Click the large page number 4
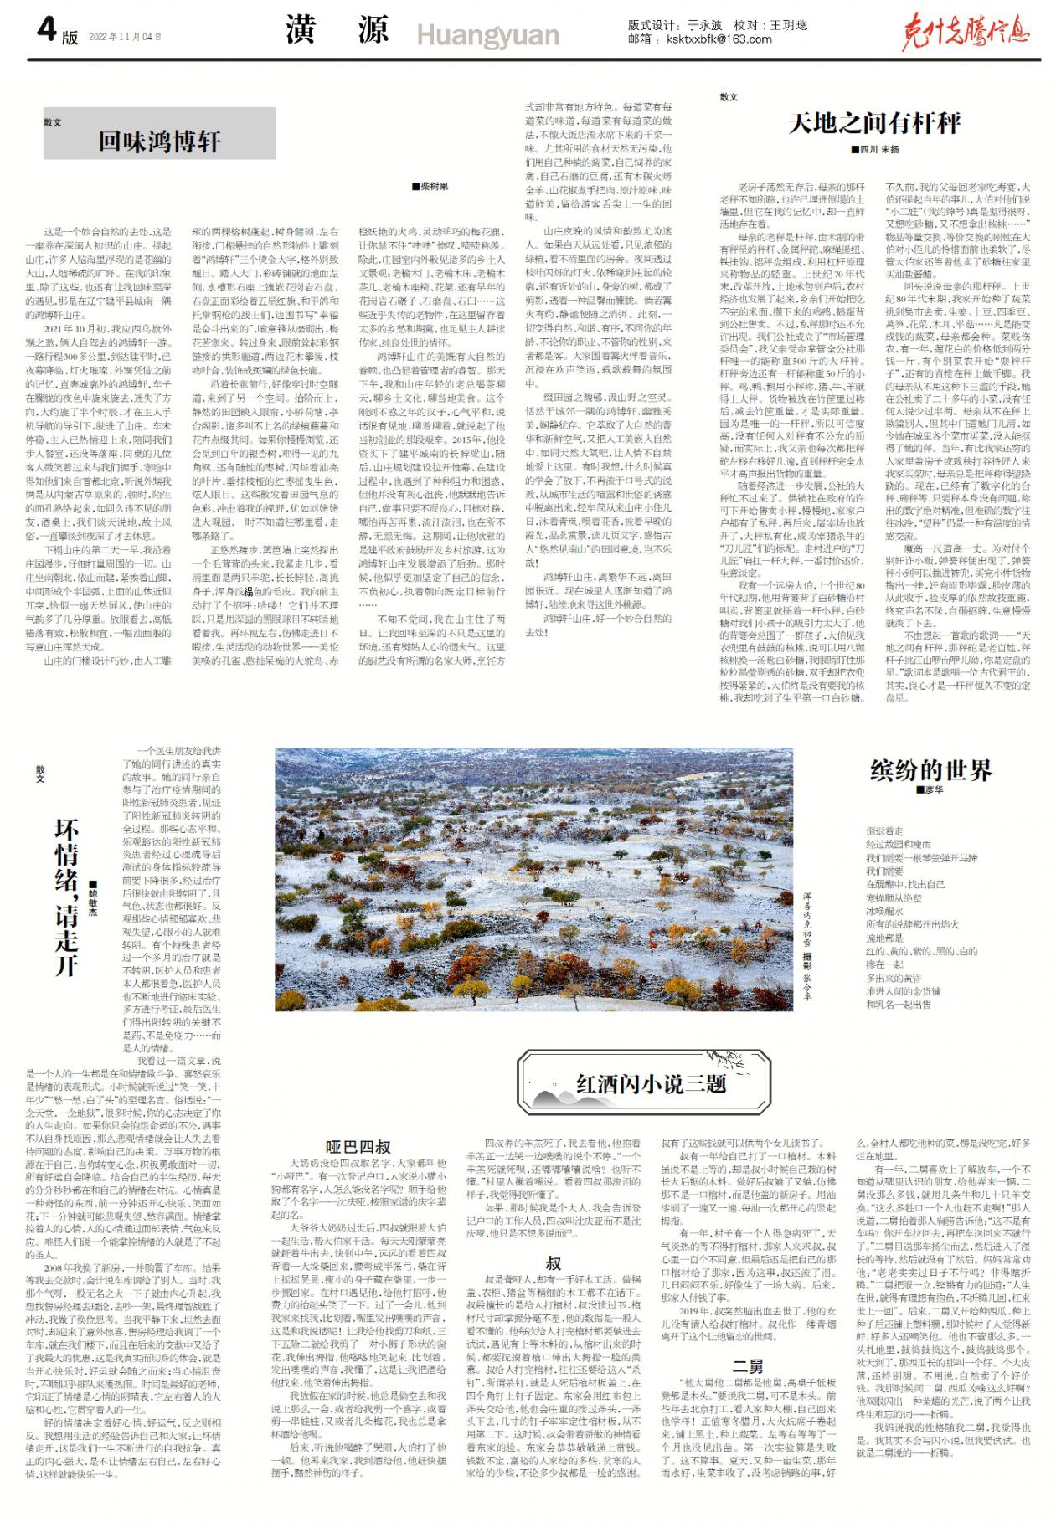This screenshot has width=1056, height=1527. [47, 30]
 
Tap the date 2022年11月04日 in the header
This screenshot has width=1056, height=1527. [124, 37]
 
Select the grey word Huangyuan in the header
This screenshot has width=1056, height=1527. [487, 36]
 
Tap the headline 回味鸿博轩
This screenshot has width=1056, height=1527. [159, 141]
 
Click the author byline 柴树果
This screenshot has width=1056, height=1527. [431, 187]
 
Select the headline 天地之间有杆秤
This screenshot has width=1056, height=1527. [873, 123]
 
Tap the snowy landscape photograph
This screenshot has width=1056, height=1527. [533, 879]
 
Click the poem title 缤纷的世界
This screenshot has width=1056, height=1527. [930, 770]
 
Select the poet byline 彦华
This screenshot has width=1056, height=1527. [930, 790]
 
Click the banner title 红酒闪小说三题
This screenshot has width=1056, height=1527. [651, 1084]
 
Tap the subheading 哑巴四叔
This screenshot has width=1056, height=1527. [358, 1147]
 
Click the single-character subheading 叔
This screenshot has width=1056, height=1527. [554, 1263]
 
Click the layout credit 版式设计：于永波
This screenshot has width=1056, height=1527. [675, 25]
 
